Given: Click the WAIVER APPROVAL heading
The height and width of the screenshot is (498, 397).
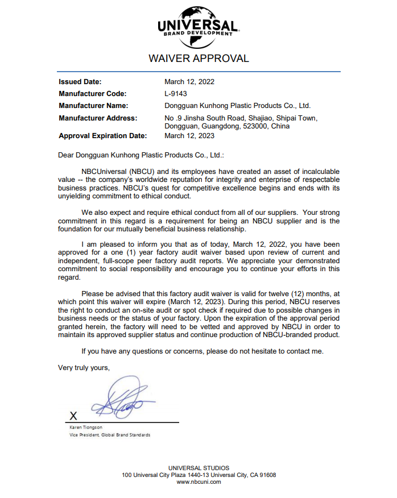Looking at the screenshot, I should click(198, 59).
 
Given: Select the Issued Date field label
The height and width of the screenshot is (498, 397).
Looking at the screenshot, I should click(80, 82).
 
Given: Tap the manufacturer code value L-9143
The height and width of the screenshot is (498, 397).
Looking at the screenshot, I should click(176, 94).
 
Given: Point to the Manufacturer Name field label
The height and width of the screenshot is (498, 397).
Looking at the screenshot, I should click(93, 106).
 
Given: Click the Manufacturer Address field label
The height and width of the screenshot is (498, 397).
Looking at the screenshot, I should click(98, 118).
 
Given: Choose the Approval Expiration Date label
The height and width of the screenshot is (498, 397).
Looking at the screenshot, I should click(103, 136).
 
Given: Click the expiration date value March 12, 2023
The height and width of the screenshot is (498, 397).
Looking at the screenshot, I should click(189, 136).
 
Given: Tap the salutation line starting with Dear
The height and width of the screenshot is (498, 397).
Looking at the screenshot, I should click(141, 155).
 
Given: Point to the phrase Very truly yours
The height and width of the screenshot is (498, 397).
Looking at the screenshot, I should click(84, 368).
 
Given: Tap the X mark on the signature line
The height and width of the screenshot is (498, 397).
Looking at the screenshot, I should click(73, 416).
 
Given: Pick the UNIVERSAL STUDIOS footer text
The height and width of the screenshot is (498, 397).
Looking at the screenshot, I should click(198, 468).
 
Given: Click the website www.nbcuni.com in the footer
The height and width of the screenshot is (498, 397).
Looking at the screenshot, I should click(198, 482).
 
